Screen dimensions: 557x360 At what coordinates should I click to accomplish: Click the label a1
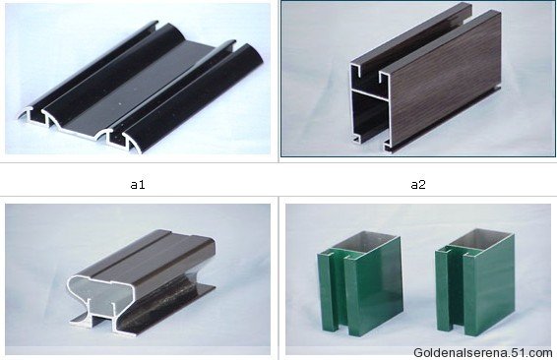point(138,185)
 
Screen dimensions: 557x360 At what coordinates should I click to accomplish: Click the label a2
point(418,185)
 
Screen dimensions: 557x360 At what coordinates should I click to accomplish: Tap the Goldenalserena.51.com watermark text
point(483,353)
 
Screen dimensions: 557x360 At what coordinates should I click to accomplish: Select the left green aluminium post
point(360,283)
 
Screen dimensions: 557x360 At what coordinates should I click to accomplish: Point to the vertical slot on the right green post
point(457,287)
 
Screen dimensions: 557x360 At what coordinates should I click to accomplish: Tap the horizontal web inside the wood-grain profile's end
point(369,93)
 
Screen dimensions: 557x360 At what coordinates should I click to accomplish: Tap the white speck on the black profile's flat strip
point(119,104)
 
